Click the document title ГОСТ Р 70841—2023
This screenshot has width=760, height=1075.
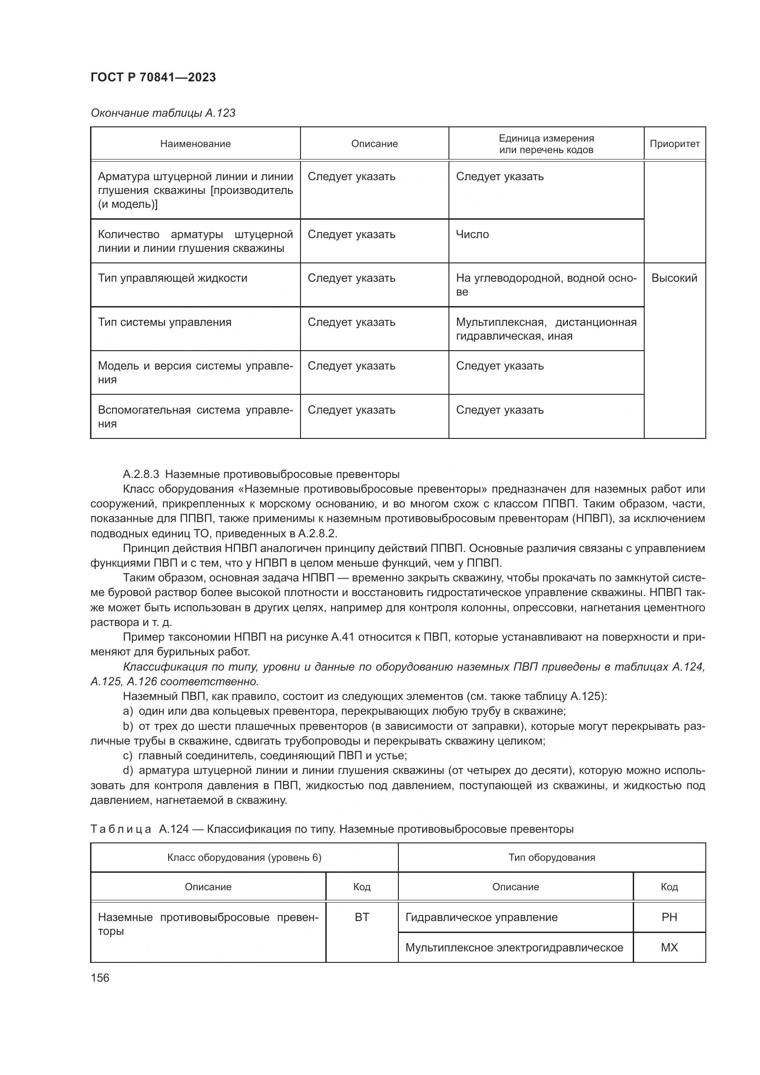[153, 77]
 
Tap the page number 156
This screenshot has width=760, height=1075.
[100, 978]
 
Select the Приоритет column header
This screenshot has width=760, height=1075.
[674, 144]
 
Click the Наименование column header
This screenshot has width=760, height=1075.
[195, 144]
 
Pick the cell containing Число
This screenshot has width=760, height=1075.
[472, 234]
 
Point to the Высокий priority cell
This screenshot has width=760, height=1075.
[674, 278]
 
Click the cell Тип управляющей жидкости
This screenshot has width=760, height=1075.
[172, 278]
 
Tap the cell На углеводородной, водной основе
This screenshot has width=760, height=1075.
[546, 284]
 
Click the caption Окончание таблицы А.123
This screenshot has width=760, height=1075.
[163, 113]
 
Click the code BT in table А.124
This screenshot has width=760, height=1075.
[362, 917]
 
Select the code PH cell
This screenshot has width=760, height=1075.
[669, 917]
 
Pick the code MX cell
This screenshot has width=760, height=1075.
[669, 948]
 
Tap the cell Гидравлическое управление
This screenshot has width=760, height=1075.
[481, 917]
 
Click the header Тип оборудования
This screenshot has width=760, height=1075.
[551, 858]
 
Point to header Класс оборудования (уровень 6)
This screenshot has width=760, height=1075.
[244, 858]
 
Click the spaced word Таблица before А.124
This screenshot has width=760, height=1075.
[121, 829]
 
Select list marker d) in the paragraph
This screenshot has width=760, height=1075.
[128, 771]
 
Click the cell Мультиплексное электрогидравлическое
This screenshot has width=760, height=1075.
[514, 948]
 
